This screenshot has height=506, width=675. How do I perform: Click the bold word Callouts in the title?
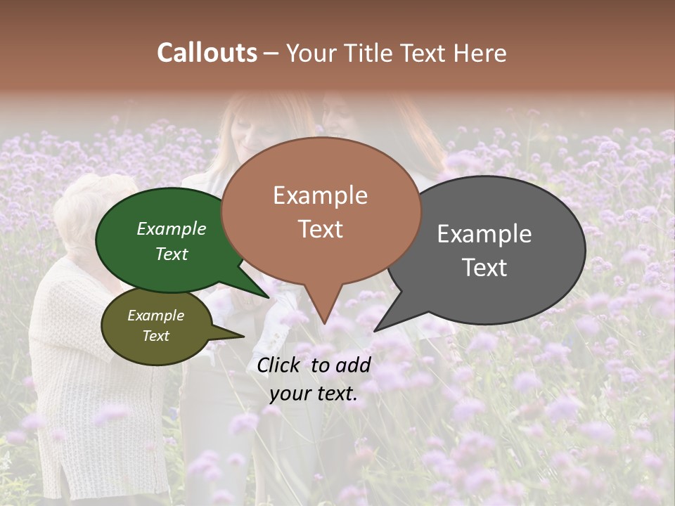click(x=207, y=53)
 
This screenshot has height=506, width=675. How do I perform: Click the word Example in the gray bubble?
click(x=484, y=234)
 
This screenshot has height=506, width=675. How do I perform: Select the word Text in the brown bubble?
click(x=320, y=229)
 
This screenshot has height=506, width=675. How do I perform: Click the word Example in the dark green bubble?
click(x=171, y=228)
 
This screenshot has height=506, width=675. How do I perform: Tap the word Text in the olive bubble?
click(x=155, y=336)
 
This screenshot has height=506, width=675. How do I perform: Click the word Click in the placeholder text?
click(x=280, y=364)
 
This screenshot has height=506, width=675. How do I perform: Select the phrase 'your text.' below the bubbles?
click(x=314, y=394)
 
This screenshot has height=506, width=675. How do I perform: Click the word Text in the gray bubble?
click(x=484, y=268)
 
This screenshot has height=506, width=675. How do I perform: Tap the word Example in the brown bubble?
click(x=320, y=195)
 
